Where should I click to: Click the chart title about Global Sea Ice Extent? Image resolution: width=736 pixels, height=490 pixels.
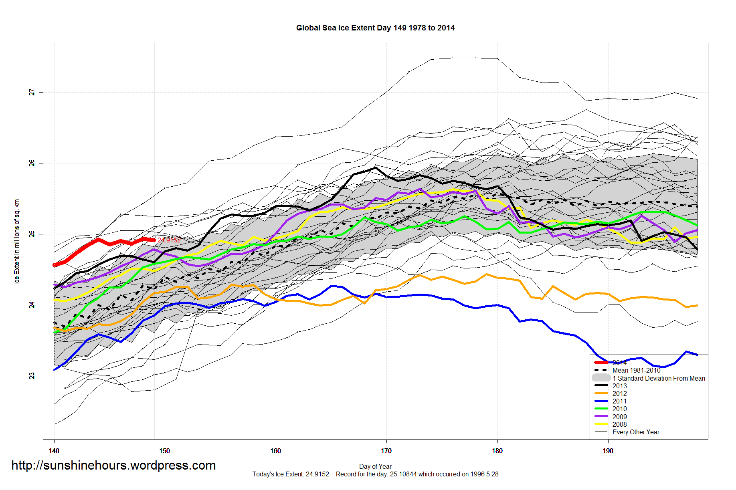(x=375, y=28)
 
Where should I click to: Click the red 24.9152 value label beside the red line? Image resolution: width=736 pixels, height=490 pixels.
(x=169, y=240)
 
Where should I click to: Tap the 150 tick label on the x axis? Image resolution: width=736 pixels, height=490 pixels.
(x=165, y=451)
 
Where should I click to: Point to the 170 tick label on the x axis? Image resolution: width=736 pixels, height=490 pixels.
(x=386, y=451)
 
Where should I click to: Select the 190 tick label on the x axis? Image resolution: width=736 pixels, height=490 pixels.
(x=608, y=451)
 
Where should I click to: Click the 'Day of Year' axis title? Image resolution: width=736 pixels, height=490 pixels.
(x=375, y=466)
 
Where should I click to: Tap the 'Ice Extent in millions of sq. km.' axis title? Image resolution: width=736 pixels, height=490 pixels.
(x=17, y=241)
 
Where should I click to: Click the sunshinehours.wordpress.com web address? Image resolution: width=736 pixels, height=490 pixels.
(x=113, y=465)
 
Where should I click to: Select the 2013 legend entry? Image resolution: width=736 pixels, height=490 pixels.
(x=619, y=386)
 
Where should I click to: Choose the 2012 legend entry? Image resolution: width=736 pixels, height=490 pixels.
(x=619, y=393)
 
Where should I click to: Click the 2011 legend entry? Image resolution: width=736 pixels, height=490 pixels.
(x=619, y=401)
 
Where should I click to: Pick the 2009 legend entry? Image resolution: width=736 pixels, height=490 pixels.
(x=619, y=417)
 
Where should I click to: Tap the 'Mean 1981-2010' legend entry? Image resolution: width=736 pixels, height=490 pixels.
(x=636, y=370)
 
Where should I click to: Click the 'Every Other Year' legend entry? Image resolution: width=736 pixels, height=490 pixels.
(x=636, y=432)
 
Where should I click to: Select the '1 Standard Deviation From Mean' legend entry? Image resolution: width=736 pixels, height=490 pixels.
(x=659, y=378)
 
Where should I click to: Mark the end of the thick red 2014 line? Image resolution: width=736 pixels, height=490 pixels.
(x=154, y=240)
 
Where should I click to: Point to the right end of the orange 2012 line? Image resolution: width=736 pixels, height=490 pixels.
(x=698, y=305)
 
